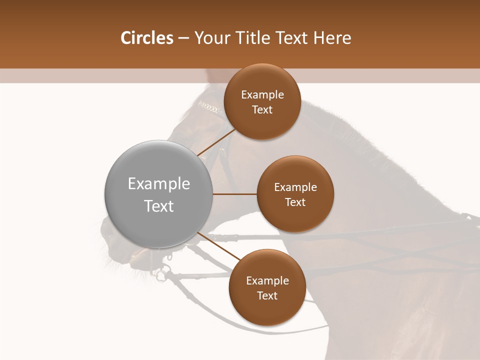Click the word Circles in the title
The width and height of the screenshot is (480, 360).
(147, 38)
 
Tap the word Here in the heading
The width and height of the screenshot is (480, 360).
(332, 38)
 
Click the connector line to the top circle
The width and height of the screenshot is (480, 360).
(216, 142)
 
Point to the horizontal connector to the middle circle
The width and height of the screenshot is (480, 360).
(234, 194)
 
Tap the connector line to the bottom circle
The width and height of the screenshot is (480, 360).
(218, 246)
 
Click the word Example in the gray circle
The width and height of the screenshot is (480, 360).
(159, 184)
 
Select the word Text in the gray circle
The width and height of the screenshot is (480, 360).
(159, 206)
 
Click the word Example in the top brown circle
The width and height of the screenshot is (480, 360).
(262, 95)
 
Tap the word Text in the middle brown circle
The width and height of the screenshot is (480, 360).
(295, 202)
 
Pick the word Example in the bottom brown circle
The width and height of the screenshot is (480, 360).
(267, 281)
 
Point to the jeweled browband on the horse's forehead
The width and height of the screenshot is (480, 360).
(209, 107)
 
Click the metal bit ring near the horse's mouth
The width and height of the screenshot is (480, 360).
(161, 274)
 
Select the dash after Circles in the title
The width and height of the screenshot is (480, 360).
(183, 38)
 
